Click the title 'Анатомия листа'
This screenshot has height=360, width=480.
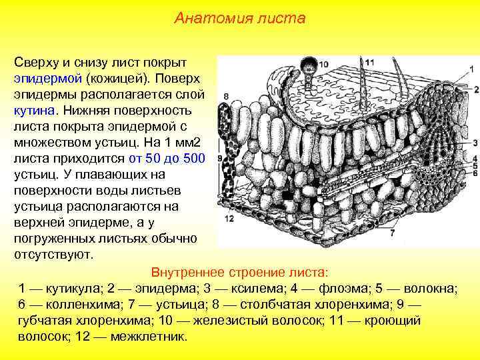tap(240, 19)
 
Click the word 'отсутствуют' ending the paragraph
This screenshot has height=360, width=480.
tap(54, 255)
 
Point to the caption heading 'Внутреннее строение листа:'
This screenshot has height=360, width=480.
tap(239, 273)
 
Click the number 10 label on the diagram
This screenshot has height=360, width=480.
tap(324, 65)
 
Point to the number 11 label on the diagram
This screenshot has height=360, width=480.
tap(369, 62)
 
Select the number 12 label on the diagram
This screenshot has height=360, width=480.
tap(229, 219)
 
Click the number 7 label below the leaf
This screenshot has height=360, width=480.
tap(392, 233)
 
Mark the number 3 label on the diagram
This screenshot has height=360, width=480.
tap(475, 143)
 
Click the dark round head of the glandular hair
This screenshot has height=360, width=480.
tap(309, 66)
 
